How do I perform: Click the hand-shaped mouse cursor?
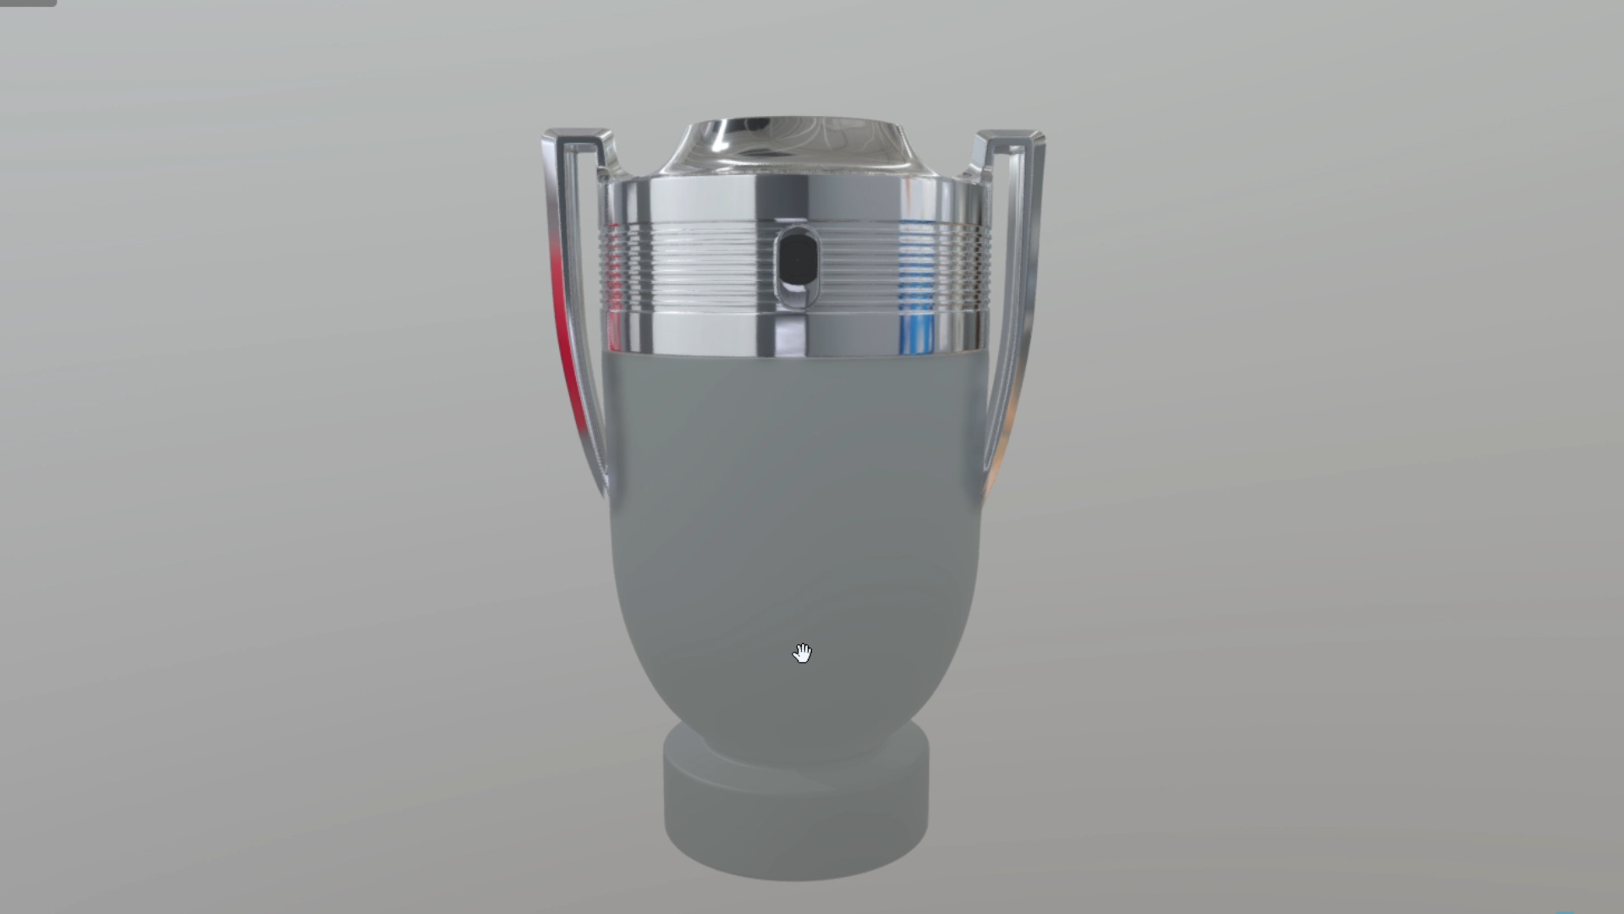802,653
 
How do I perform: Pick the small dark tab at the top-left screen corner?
27,3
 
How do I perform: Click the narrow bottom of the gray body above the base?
795,728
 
